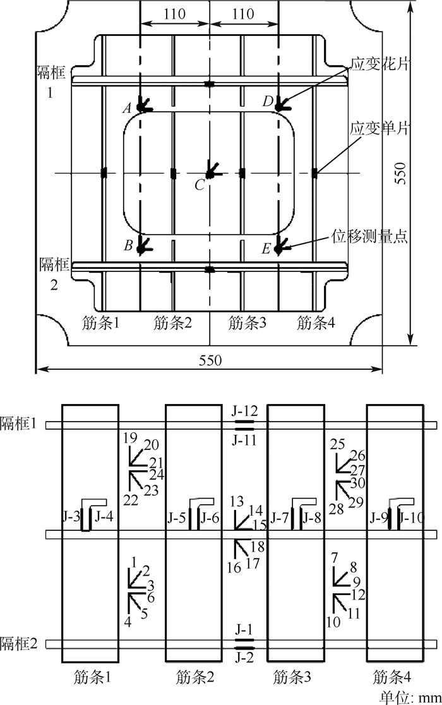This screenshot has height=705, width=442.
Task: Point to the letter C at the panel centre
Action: [200, 184]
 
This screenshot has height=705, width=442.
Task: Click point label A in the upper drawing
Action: [127, 109]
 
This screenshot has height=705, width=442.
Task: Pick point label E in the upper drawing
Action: [266, 249]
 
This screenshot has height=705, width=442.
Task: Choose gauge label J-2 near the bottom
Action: [244, 658]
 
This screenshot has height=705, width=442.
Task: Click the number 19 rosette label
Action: [130, 437]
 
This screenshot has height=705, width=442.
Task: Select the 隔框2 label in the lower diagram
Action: [20, 644]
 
